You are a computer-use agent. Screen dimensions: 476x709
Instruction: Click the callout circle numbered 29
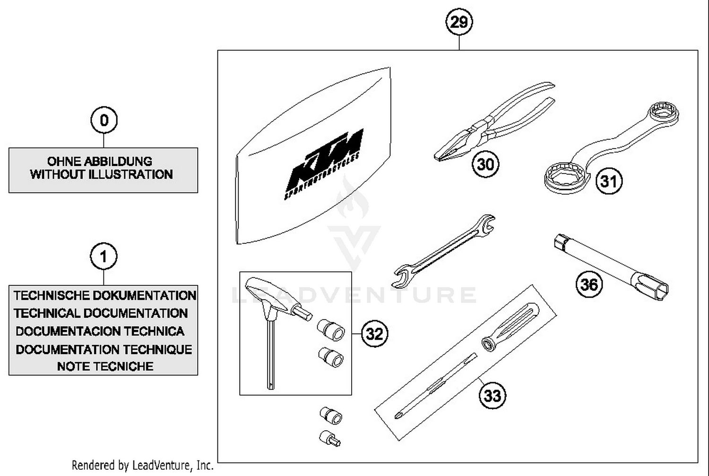(458, 22)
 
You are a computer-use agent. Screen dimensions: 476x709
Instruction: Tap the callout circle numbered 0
(104, 120)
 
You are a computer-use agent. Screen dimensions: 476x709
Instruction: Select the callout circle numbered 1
(104, 257)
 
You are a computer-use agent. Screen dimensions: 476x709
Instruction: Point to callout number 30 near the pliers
(485, 164)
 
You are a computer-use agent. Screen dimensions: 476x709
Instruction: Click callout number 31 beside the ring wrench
(609, 181)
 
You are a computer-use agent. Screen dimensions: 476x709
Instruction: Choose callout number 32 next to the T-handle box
(374, 334)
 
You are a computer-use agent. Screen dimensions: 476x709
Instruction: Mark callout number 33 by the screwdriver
(492, 395)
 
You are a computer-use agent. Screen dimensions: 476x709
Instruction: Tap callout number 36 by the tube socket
(589, 285)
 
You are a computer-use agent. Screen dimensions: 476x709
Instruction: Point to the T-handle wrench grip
(272, 295)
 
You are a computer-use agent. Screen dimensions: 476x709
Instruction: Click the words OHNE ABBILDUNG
(100, 161)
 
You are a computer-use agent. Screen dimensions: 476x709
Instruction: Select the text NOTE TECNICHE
(105, 366)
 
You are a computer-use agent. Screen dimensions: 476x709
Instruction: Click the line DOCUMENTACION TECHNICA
(100, 331)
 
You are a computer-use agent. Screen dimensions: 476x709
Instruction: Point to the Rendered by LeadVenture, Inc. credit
(143, 466)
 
